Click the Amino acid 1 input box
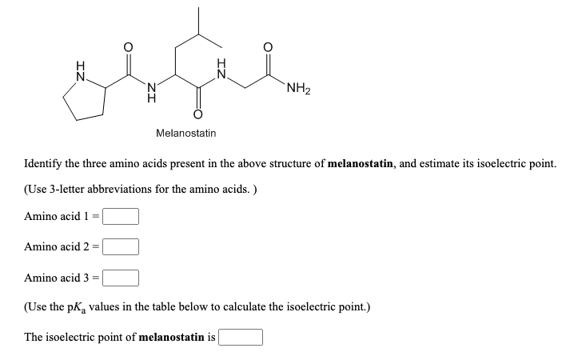(x=121, y=216)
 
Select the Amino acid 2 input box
(x=121, y=246)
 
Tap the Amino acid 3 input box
(x=121, y=278)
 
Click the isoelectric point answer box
(x=241, y=338)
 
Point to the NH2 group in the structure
(x=298, y=89)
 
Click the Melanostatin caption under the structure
(x=186, y=134)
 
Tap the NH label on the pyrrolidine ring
(x=81, y=70)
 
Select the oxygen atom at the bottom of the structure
(x=197, y=114)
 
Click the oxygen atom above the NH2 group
(x=268, y=47)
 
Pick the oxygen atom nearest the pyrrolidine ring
(x=129, y=47)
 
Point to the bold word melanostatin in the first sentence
(x=361, y=163)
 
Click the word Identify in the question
(x=43, y=164)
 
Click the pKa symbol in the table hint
(x=77, y=308)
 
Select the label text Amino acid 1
(x=56, y=216)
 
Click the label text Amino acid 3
(x=56, y=278)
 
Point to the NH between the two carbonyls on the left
(x=152, y=92)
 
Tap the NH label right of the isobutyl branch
(x=221, y=69)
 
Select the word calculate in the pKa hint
(x=243, y=307)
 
